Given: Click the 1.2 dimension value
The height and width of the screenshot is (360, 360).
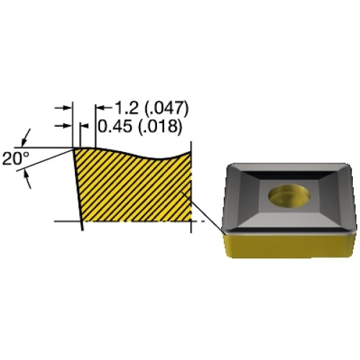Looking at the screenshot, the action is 127,107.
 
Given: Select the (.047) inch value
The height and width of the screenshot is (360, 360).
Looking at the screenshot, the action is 167,108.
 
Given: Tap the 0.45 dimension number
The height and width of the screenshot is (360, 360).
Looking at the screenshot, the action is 115,126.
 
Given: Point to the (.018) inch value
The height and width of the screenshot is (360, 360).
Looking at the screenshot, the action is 160,126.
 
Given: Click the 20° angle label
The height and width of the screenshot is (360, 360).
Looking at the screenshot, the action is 16,158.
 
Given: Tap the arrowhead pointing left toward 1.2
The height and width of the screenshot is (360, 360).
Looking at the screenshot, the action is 102,108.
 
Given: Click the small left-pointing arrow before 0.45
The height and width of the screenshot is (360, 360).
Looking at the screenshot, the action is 84,125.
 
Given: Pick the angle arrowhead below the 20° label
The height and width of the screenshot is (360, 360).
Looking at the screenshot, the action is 27,179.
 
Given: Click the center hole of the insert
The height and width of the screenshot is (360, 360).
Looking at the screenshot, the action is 289,194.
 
